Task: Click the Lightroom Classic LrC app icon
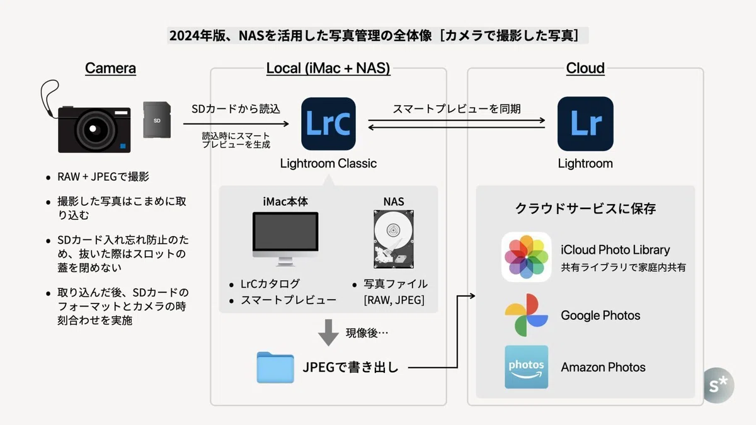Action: [x=328, y=124]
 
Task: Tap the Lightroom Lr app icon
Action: [x=585, y=124]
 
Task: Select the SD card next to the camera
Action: [x=157, y=120]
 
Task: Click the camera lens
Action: [x=93, y=129]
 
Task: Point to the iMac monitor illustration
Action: [x=285, y=239]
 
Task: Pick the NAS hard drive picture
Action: [x=394, y=239]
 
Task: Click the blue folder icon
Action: [x=275, y=367]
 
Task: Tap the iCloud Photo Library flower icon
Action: [x=526, y=257]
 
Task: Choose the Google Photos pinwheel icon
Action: [x=526, y=315]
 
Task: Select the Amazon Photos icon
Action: [x=526, y=367]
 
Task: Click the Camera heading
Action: [x=110, y=68]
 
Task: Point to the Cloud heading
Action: [x=585, y=68]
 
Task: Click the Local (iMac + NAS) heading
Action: [x=328, y=68]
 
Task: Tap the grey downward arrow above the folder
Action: [x=328, y=332]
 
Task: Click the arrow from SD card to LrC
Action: [x=236, y=124]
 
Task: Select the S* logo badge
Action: [x=719, y=385]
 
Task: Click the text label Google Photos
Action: [x=600, y=315]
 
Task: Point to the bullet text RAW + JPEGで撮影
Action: [x=103, y=176]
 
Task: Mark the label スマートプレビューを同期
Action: [x=457, y=108]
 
